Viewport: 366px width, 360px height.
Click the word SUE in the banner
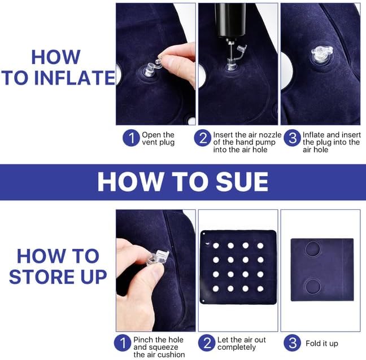point(242,182)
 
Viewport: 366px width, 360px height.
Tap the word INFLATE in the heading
point(75,77)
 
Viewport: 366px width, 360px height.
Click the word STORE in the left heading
point(43,276)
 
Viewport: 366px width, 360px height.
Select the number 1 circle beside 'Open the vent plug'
point(131,138)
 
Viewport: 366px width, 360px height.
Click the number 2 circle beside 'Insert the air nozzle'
point(203,138)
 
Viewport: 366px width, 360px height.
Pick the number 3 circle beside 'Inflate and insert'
point(292,138)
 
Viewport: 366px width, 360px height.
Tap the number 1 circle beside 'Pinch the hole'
point(123,343)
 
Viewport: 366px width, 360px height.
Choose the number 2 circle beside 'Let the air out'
point(207,343)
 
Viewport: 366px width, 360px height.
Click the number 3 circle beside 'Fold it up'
point(292,343)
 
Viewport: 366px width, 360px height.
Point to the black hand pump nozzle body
point(230,20)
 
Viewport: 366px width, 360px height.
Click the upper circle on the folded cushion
point(312,249)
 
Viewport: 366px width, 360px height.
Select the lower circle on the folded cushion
point(312,286)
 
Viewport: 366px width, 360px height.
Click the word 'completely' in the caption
point(237,348)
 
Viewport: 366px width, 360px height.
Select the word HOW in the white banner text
point(130,182)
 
